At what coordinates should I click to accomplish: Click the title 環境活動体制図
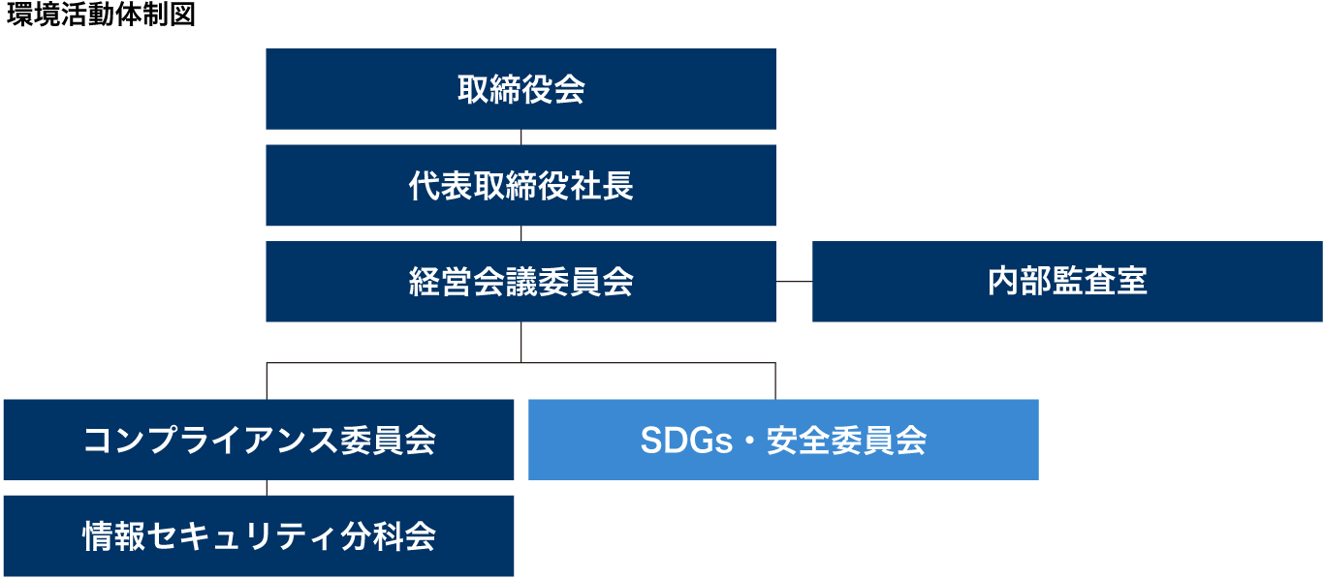point(101,15)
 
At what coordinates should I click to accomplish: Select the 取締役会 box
point(520,88)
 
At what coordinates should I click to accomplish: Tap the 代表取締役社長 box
point(520,185)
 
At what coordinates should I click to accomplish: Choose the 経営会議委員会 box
point(520,282)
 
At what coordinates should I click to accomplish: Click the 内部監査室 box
point(1067,282)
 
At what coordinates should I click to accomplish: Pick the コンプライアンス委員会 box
point(259,440)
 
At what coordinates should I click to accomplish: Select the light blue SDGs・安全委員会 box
point(783,440)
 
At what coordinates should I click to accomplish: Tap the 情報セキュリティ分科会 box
point(259,536)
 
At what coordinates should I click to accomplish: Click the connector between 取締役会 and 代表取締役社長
point(520,137)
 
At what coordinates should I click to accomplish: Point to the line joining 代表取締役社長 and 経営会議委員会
point(520,233)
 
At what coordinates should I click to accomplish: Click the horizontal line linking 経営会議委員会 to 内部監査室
point(795,282)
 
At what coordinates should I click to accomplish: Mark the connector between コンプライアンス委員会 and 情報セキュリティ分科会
point(267,488)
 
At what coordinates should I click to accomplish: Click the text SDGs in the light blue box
point(686,441)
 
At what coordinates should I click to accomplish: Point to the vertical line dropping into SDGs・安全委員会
point(775,381)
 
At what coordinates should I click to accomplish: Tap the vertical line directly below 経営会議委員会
point(520,343)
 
